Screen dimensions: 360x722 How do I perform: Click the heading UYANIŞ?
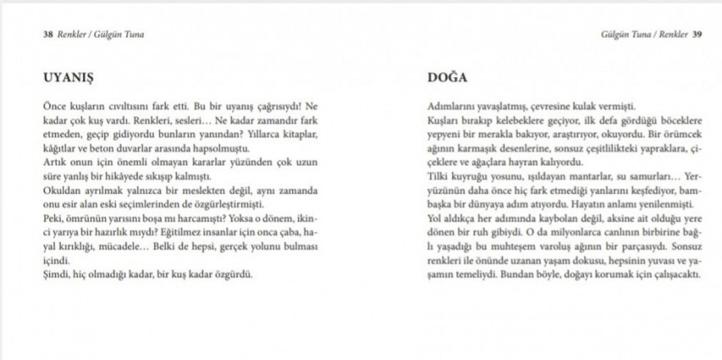click(x=68, y=78)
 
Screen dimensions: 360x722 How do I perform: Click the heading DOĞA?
click(x=448, y=78)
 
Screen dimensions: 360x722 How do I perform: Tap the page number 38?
click(x=48, y=34)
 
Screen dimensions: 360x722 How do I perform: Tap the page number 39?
click(x=697, y=34)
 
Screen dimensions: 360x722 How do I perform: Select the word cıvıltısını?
click(x=132, y=107)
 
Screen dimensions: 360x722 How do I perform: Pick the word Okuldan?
click(x=61, y=190)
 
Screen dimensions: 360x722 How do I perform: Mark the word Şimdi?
click(x=56, y=274)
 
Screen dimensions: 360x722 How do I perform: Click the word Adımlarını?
click(x=450, y=107)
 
